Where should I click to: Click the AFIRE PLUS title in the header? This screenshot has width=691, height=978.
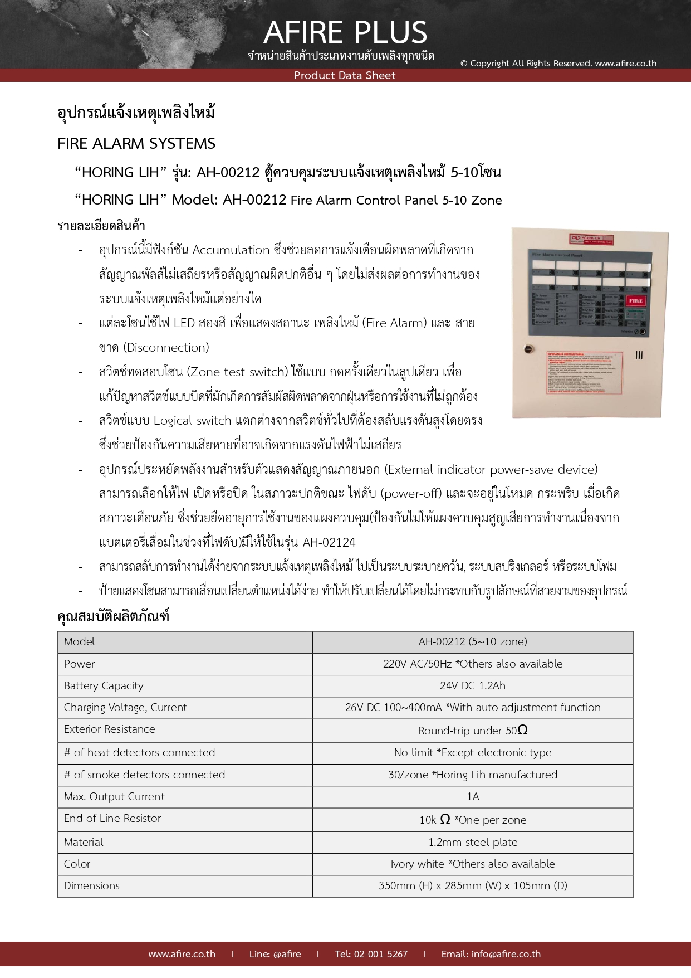point(345,32)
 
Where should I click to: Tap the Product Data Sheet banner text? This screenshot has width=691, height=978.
point(345,76)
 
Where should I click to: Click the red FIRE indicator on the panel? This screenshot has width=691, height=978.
point(635,301)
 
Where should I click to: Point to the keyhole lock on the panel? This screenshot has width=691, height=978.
point(529,349)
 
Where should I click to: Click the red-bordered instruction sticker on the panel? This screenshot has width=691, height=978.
point(584,373)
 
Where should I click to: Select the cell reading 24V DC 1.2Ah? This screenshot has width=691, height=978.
point(472,685)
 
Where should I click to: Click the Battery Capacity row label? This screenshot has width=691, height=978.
point(104,685)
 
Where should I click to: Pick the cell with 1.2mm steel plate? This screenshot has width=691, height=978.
point(472,842)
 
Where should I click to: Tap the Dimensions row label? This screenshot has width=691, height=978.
point(92,885)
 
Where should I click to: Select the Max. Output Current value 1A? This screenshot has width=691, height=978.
point(472,796)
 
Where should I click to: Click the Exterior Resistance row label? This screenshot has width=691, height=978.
point(110,729)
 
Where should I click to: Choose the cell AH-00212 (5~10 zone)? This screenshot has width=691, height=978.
point(472,641)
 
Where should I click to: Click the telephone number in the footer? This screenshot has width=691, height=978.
point(371,954)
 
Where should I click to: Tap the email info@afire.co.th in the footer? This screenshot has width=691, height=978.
point(491,954)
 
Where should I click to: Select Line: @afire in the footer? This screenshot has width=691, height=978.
point(275,954)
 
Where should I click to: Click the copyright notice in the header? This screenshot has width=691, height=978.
point(558,64)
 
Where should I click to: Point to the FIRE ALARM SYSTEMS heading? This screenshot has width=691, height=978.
point(136,144)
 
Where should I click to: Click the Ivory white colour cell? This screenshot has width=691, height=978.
point(472,864)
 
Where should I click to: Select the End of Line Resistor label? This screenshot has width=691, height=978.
point(112,818)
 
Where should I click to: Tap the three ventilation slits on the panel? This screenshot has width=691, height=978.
point(639,355)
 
